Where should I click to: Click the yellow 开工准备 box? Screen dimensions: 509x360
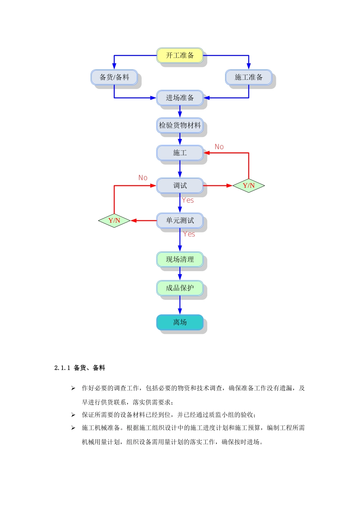pyautogui.click(x=180, y=56)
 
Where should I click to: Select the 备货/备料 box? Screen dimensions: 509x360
pyautogui.click(x=114, y=77)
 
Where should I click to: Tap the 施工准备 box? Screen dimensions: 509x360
pyautogui.click(x=249, y=77)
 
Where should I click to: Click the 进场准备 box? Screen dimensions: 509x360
pyautogui.click(x=180, y=98)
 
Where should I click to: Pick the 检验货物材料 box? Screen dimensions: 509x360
pyautogui.click(x=180, y=125)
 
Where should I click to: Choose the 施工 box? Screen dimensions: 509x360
pyautogui.click(x=180, y=153)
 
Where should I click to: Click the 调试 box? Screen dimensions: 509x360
pyautogui.click(x=180, y=186)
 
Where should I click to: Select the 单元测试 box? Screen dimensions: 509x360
pyautogui.click(x=180, y=220)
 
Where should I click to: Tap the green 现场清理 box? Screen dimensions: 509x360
pyautogui.click(x=180, y=259)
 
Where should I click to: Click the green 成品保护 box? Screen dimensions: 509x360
pyautogui.click(x=180, y=288)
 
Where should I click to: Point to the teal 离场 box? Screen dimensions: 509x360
pyautogui.click(x=180, y=322)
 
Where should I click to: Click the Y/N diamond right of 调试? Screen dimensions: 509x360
pyautogui.click(x=249, y=186)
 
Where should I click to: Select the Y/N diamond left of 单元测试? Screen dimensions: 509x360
pyautogui.click(x=114, y=220)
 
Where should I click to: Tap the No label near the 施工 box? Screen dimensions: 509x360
pyautogui.click(x=219, y=147)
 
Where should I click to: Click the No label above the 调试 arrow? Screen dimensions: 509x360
pyautogui.click(x=143, y=178)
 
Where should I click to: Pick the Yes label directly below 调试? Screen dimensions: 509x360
pyautogui.click(x=188, y=200)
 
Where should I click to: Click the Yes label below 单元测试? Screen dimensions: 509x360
pyautogui.click(x=189, y=234)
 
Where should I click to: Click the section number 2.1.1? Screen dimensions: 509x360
pyautogui.click(x=62, y=368)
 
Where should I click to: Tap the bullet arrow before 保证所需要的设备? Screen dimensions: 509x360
pyautogui.click(x=73, y=415)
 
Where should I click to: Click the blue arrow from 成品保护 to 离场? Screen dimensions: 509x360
pyautogui.click(x=180, y=305)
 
